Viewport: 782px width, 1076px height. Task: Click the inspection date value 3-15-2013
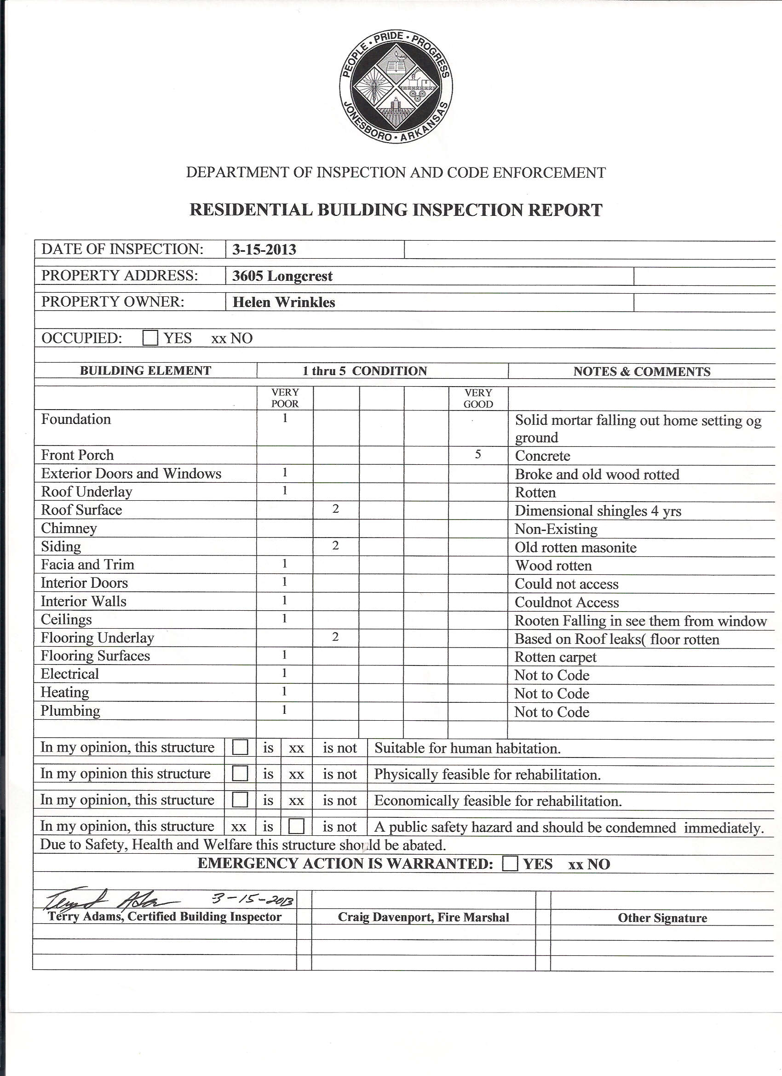click(x=264, y=249)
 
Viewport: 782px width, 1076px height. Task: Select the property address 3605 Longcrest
click(x=282, y=276)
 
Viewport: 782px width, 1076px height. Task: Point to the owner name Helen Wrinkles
click(x=283, y=302)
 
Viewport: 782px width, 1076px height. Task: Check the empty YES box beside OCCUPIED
click(x=150, y=338)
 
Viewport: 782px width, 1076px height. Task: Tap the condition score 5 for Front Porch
click(x=478, y=455)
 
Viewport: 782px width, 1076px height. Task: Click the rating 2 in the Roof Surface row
click(x=336, y=509)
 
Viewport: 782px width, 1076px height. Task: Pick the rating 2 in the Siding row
click(x=336, y=545)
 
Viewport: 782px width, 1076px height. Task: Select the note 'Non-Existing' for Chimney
click(x=556, y=529)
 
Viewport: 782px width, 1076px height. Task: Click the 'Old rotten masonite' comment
click(x=575, y=548)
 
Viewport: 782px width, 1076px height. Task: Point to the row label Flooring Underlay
click(x=97, y=637)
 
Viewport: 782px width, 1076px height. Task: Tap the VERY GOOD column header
click(x=478, y=399)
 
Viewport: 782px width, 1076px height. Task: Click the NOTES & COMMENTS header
click(x=642, y=371)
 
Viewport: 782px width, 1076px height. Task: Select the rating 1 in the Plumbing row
click(x=284, y=710)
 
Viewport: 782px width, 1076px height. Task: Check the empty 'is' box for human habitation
click(x=240, y=748)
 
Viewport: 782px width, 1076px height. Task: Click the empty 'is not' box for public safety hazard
click(x=296, y=827)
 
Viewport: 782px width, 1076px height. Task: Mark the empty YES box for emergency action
click(x=510, y=863)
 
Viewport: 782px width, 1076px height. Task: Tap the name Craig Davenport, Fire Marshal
click(x=423, y=918)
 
